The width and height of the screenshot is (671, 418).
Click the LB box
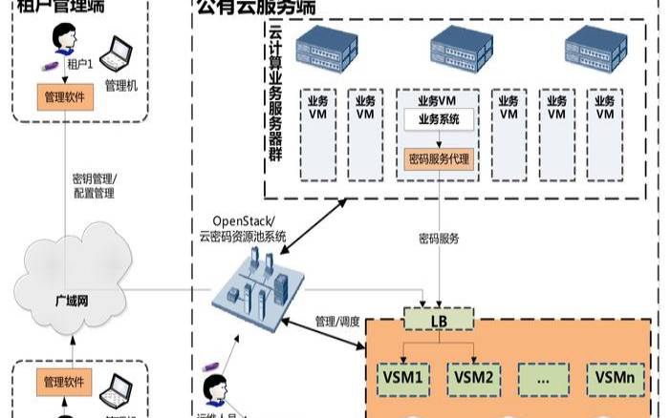(x=440, y=319)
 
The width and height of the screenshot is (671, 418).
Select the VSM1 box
(x=402, y=377)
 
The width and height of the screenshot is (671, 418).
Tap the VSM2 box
(x=474, y=377)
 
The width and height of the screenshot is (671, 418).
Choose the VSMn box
(x=615, y=377)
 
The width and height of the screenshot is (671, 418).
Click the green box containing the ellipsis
(x=544, y=377)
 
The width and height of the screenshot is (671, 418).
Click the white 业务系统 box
(x=439, y=120)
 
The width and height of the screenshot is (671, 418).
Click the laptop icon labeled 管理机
(x=122, y=54)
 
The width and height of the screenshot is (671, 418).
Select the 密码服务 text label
(x=439, y=238)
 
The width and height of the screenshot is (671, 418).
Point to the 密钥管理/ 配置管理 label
(x=94, y=185)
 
